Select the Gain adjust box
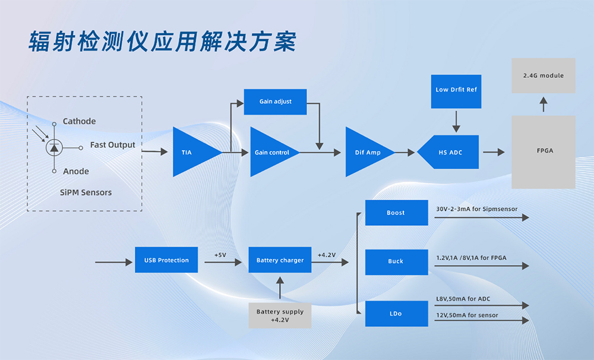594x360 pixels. [x=276, y=102]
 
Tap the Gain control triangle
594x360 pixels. [x=270, y=152]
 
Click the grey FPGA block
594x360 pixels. [x=544, y=151]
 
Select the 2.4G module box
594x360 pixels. [x=544, y=75]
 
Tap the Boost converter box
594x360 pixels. [x=396, y=213]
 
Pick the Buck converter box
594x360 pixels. [x=396, y=261]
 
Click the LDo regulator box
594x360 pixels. [x=396, y=314]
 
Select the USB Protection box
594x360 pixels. [x=166, y=260]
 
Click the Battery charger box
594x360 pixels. [x=280, y=260]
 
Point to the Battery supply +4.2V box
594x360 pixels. [x=280, y=315]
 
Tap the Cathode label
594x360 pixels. [x=79, y=121]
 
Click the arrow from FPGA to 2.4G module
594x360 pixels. [x=544, y=105]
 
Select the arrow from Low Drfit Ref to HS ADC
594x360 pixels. [x=456, y=121]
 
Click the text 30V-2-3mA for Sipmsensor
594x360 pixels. [x=476, y=209]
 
